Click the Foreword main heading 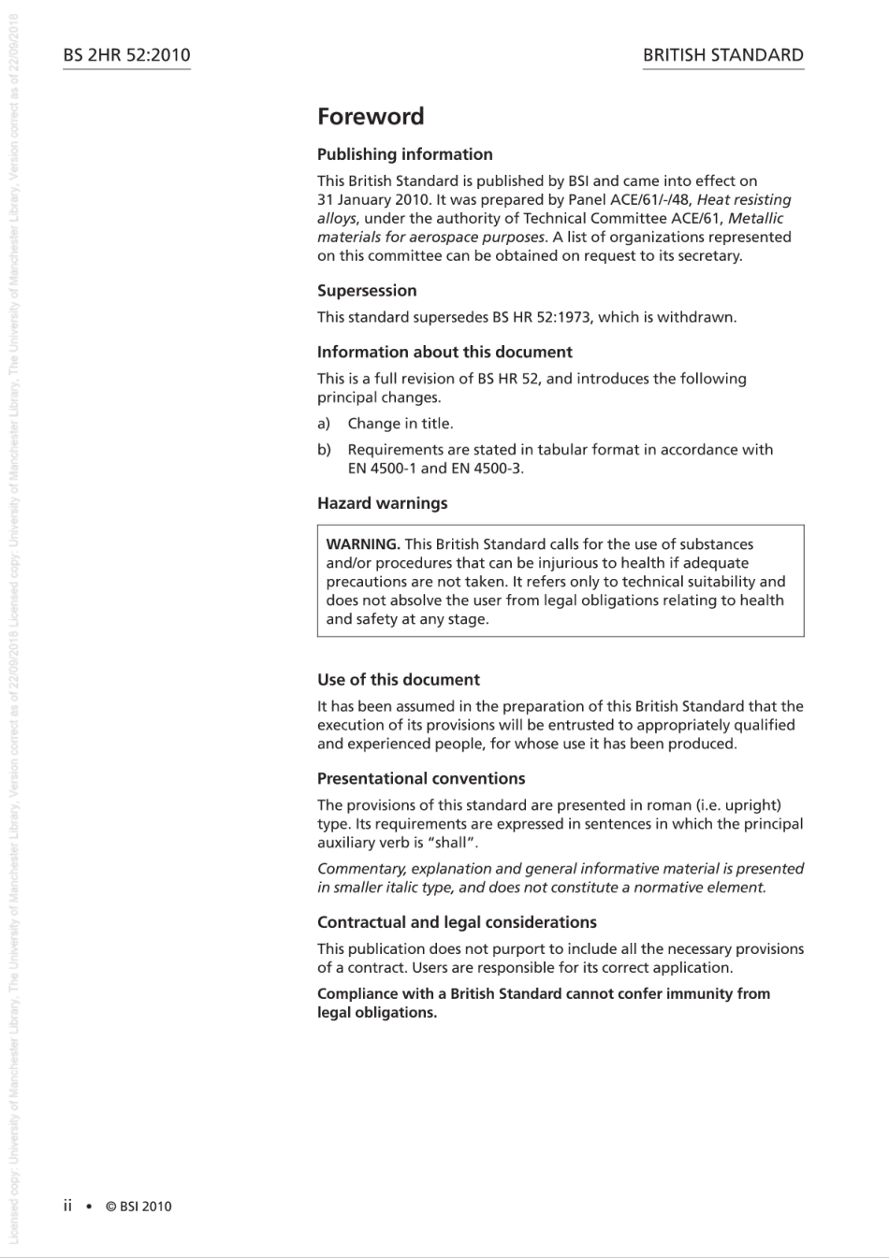[x=371, y=117]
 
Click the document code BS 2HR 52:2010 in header [x=126, y=55]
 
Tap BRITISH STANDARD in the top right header [x=722, y=55]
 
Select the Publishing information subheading [x=404, y=154]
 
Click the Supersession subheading [x=367, y=291]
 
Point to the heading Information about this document [x=444, y=353]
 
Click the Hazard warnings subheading [x=382, y=503]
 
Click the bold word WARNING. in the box [x=363, y=544]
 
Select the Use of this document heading [x=398, y=680]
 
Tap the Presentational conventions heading [x=421, y=778]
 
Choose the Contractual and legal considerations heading [x=457, y=922]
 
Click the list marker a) [x=324, y=424]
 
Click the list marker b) [x=324, y=450]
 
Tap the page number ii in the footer [x=67, y=1206]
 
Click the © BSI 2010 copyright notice [x=138, y=1207]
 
